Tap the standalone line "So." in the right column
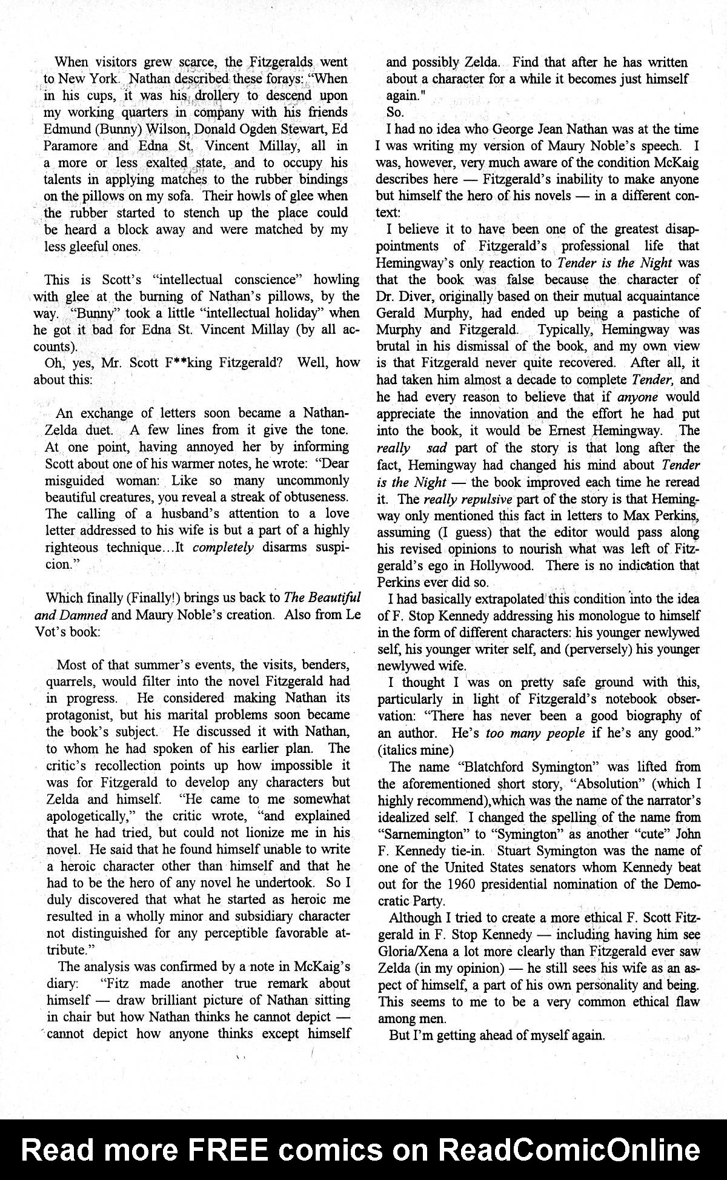click(x=395, y=112)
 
